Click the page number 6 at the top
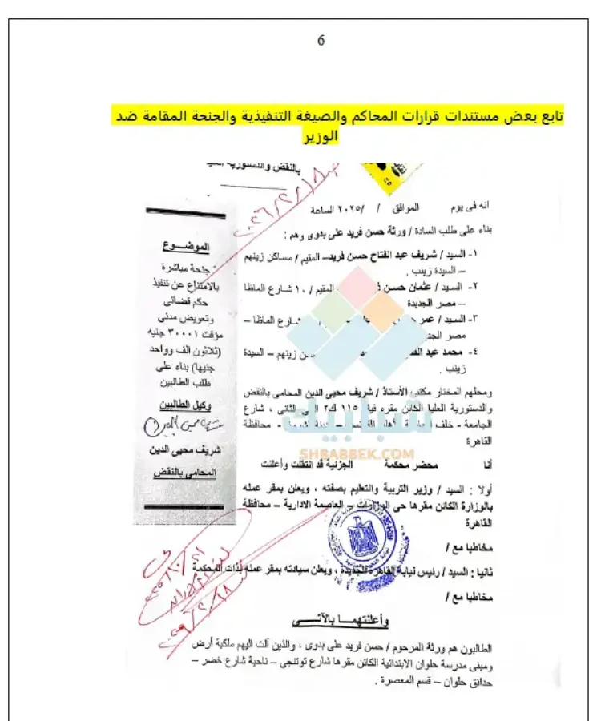(x=321, y=41)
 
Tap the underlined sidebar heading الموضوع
(x=187, y=244)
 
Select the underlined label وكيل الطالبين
(x=186, y=402)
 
